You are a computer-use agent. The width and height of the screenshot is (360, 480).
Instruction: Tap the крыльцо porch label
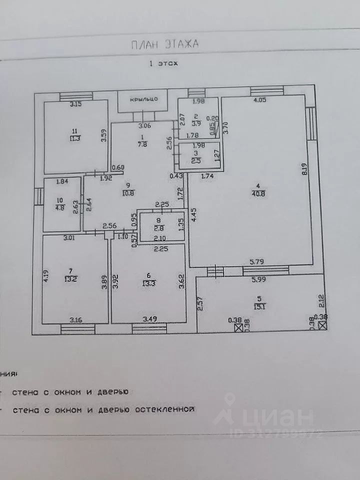point(144,99)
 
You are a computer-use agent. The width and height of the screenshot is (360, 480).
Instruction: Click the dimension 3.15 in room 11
point(75,104)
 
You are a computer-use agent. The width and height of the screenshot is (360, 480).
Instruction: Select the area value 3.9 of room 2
point(197,123)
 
